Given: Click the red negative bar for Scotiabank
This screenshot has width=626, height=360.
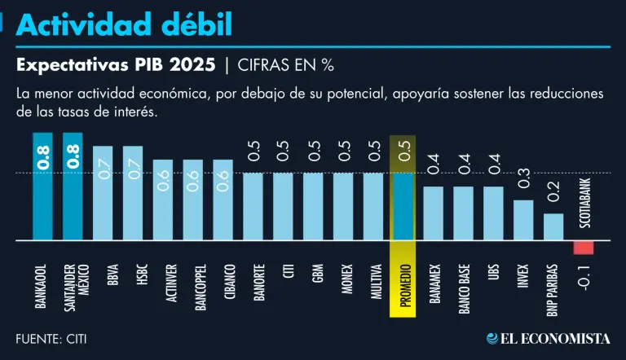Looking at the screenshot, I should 584,248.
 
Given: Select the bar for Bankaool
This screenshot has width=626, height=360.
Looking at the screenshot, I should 42,187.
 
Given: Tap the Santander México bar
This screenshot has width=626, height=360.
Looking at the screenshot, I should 73,187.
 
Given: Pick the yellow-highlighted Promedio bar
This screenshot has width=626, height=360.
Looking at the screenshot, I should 403,207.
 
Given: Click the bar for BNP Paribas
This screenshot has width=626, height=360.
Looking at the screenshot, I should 553,227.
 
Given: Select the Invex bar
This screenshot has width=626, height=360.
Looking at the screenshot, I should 523,221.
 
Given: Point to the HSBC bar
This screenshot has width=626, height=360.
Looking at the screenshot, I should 133,193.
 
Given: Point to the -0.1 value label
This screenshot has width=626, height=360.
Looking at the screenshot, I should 584,281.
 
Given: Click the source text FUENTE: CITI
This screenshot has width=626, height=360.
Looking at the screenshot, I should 51,338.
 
